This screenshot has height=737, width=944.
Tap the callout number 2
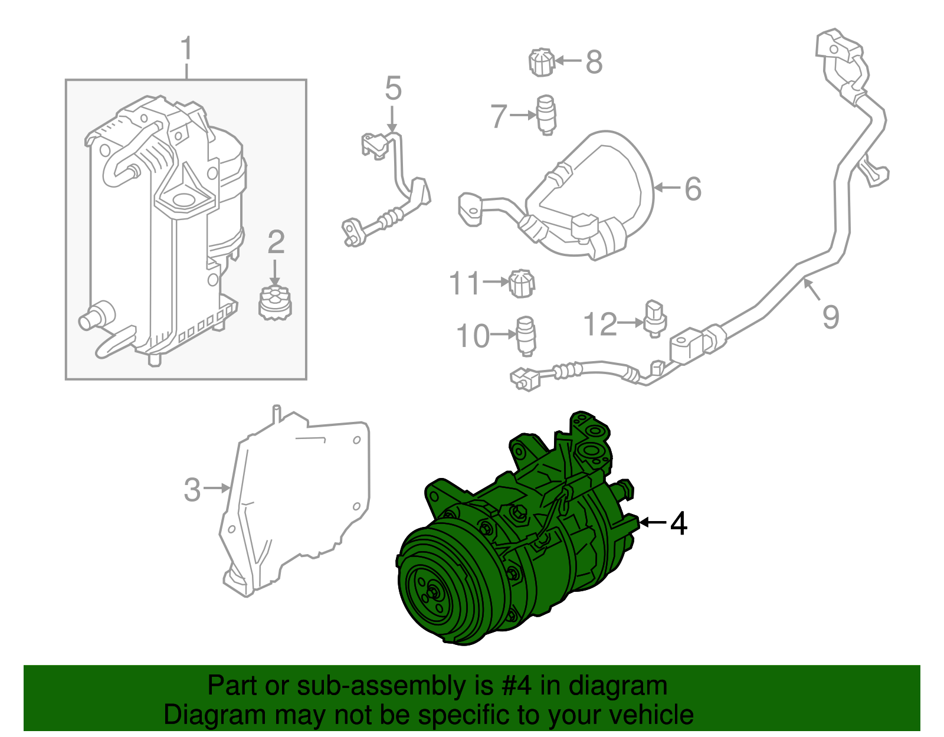[276, 242]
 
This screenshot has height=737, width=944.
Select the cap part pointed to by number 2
[275, 302]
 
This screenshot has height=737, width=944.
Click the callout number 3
[192, 489]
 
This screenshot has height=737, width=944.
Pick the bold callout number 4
[679, 523]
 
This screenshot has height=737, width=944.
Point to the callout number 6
[693, 189]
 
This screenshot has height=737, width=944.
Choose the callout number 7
[499, 116]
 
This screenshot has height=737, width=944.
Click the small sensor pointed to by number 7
[546, 114]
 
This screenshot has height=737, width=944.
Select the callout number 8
[594, 61]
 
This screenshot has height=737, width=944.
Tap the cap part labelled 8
[541, 62]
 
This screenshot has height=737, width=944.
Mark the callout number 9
[831, 317]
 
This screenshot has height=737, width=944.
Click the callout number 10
[473, 336]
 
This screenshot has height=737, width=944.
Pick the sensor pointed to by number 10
[525, 336]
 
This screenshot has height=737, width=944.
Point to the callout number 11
[466, 283]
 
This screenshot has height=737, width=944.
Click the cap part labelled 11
[522, 283]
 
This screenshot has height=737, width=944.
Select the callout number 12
[600, 324]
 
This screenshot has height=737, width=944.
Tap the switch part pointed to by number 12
[655, 318]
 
